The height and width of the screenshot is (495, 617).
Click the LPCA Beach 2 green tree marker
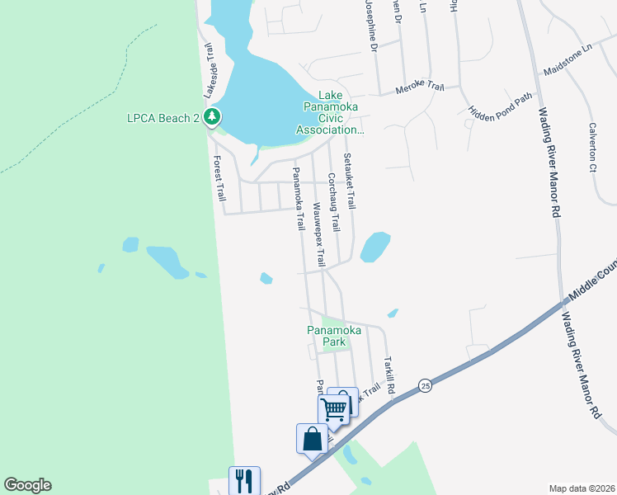pyautogui.click(x=213, y=117)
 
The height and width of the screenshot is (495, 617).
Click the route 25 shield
pyautogui.click(x=425, y=385)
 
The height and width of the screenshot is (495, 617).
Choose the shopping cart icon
pyautogui.click(x=333, y=408)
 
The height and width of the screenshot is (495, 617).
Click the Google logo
pyautogui.click(x=27, y=485)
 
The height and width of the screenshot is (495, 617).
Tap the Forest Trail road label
pyautogui.click(x=219, y=178)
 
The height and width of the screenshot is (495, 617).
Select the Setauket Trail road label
pyautogui.click(x=350, y=181)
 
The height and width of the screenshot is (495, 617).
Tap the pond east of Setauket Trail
pyautogui.click(x=374, y=246)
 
